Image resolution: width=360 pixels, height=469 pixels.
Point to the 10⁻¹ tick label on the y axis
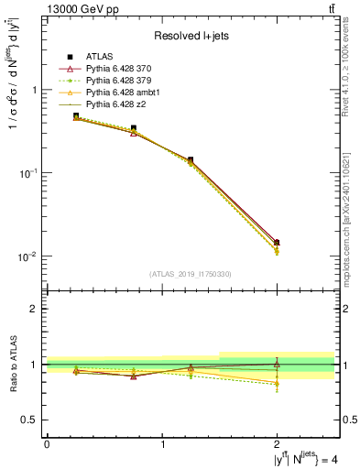[x=29, y=173]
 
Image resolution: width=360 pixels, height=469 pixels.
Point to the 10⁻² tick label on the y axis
[x=29, y=256]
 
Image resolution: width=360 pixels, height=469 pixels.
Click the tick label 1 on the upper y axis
[x=35, y=90]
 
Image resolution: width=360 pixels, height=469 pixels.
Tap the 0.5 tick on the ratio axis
[x=30, y=420]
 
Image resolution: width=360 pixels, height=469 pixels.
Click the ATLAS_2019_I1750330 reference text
[x=191, y=274]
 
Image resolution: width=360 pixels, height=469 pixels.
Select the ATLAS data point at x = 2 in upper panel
[x=277, y=242]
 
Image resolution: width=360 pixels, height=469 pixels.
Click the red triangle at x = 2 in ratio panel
[x=277, y=364]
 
